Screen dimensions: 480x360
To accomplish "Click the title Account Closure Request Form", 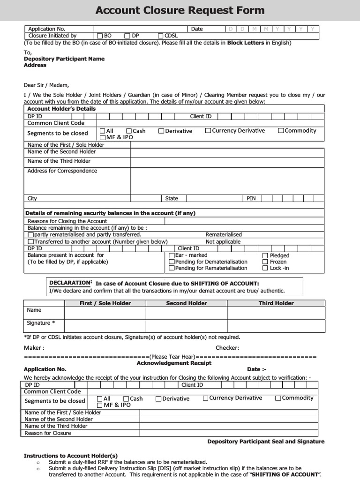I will [180, 10].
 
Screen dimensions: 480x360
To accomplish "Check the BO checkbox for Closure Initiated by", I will [100, 36].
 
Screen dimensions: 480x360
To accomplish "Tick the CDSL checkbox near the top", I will [160, 36].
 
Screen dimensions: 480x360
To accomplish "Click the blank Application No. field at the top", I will [141, 29].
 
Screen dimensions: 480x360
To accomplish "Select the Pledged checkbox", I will [265, 255].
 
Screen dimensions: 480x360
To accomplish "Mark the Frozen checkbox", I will [265, 262].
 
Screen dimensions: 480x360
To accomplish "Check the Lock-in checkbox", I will [265, 268].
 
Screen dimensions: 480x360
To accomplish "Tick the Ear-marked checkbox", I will [172, 255].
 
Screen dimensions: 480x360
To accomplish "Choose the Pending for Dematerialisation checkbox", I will [172, 262].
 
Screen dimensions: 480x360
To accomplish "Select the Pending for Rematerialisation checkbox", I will [172, 268].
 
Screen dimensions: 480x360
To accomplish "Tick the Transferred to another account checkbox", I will [31, 242].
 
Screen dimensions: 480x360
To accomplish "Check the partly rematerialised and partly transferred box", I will [31, 234].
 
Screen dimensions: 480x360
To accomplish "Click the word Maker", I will [34, 348].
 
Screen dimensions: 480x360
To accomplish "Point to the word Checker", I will [227, 348].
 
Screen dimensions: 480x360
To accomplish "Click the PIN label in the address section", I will [251, 199].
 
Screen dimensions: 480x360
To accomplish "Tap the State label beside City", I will [172, 199].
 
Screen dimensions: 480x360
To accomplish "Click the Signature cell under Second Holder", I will [187, 326].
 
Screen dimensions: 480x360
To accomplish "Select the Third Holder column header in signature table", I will [276, 303].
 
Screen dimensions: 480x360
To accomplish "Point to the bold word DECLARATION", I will [70, 283].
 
